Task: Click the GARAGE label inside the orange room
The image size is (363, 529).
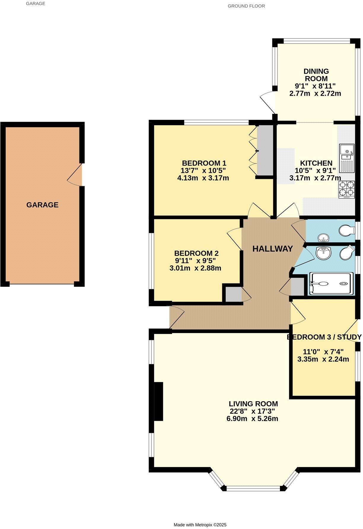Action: click(x=42, y=205)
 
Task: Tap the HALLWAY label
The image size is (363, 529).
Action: click(x=273, y=249)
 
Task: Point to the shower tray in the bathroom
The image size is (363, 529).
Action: click(x=331, y=284)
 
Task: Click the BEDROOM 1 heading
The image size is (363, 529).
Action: click(x=204, y=163)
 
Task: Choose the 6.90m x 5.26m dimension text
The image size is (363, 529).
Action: click(x=252, y=419)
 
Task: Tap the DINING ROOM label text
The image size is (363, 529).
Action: click(x=316, y=75)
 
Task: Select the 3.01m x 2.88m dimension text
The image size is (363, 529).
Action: click(x=195, y=268)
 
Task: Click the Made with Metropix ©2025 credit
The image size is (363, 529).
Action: click(x=200, y=525)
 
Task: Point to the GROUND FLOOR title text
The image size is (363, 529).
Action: click(x=246, y=6)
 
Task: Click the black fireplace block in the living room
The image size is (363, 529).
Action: click(x=159, y=401)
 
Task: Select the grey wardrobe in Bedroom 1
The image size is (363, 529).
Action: click(x=265, y=150)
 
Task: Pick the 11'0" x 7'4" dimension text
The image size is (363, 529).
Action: click(x=323, y=352)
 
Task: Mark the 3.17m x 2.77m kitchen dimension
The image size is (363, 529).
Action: click(x=315, y=178)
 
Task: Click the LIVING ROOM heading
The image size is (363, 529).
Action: click(x=253, y=404)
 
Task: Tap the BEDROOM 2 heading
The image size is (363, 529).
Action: click(x=196, y=254)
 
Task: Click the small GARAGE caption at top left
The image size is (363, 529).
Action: click(x=36, y=4)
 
